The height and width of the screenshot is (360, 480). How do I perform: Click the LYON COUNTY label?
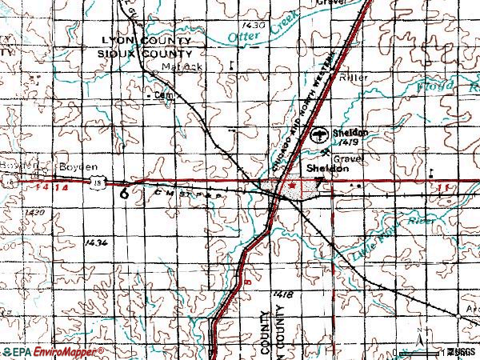(146, 40)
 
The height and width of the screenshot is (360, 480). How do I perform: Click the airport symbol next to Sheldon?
(318, 134)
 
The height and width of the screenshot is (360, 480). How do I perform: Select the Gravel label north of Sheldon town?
(350, 158)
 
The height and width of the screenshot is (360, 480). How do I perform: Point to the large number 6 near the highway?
(124, 193)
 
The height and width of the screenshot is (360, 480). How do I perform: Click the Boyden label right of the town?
(67, 167)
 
